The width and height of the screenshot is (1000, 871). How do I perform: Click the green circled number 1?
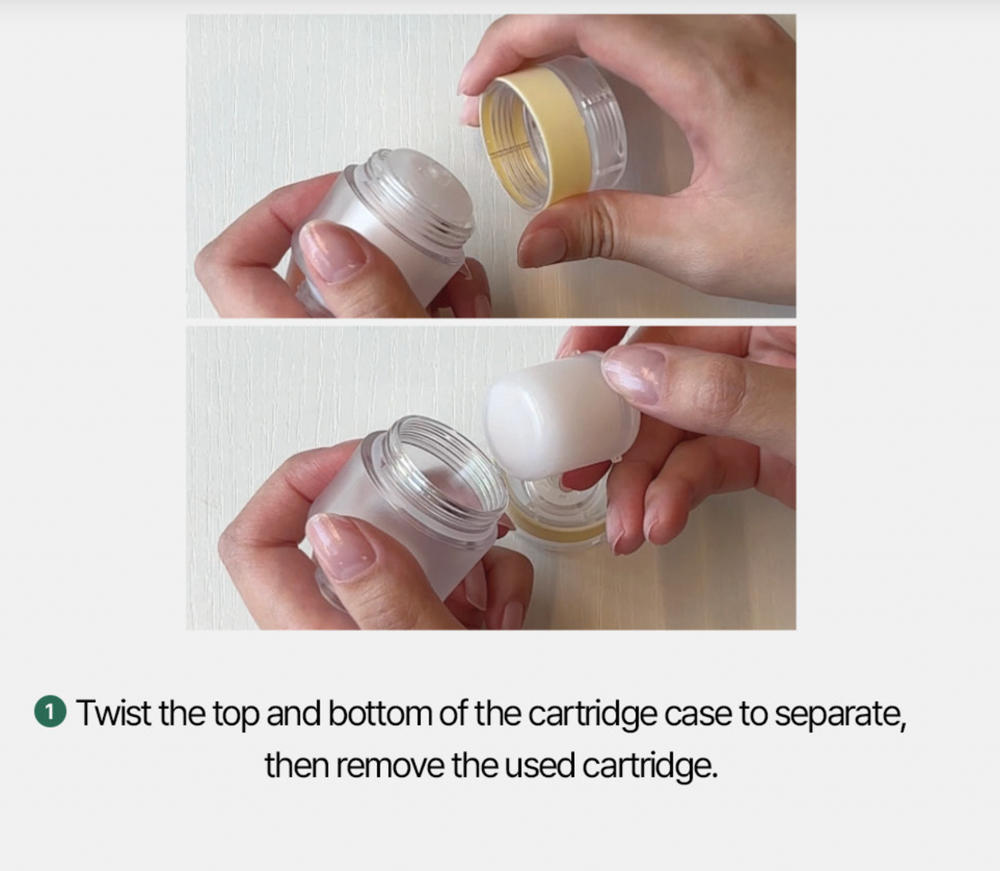tap(49, 713)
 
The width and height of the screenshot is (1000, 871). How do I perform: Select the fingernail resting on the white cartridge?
tap(634, 372)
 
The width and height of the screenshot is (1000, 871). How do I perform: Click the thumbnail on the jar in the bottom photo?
tap(340, 545)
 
